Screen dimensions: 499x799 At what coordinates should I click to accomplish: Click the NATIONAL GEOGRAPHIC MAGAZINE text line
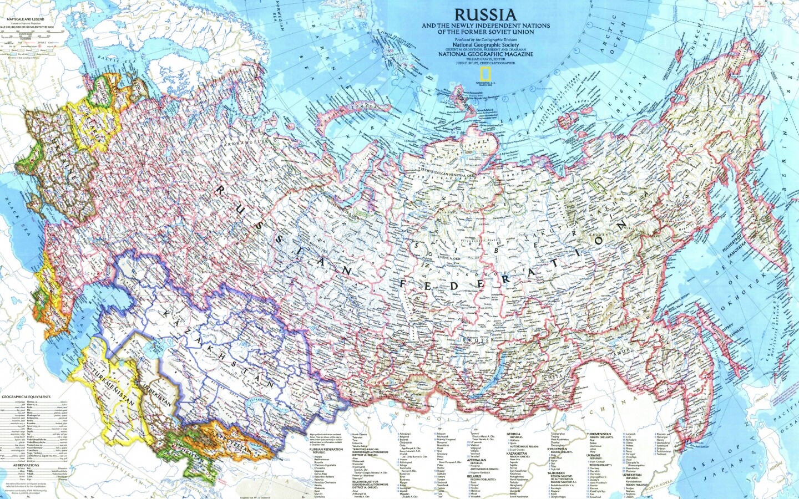486,54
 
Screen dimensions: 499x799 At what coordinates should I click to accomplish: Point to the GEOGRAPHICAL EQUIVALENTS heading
26,397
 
